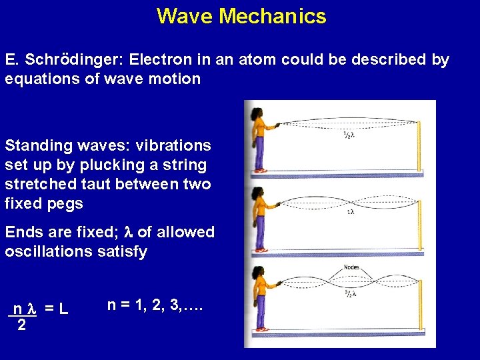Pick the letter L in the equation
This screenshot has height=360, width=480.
point(63,309)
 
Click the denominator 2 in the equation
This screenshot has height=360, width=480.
point(21,325)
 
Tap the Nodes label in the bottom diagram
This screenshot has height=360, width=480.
point(351,267)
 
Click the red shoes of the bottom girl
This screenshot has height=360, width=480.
point(261,329)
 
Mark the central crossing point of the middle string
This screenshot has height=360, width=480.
point(349,201)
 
